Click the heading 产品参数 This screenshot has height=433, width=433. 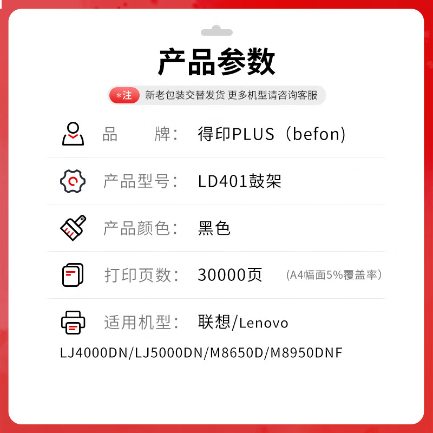tap(216, 61)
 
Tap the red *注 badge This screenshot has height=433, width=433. tap(124, 95)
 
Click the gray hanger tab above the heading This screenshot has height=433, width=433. tap(216, 31)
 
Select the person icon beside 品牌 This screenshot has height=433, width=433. tap(73, 134)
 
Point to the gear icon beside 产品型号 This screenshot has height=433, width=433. tap(73, 181)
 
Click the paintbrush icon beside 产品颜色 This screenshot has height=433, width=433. tap(73, 228)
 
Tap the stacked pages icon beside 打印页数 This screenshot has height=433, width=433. tap(73, 275)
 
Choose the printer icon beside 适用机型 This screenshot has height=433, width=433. tap(73, 323)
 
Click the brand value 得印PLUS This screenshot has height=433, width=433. tap(236, 134)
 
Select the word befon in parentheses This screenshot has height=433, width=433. tap(316, 134)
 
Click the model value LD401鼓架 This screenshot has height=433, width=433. tap(240, 181)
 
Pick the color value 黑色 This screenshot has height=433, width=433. tap(214, 228)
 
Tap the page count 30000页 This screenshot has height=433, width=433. tap(229, 275)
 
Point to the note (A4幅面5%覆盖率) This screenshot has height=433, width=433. tap(334, 275)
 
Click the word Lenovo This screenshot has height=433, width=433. tap(264, 323)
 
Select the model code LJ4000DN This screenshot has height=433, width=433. tap(94, 353)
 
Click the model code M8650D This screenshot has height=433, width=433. tap(237, 353)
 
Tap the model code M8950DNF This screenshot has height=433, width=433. tap(306, 353)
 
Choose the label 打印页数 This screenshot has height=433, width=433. tap(138, 275)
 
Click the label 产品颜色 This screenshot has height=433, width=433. tap(137, 228)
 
